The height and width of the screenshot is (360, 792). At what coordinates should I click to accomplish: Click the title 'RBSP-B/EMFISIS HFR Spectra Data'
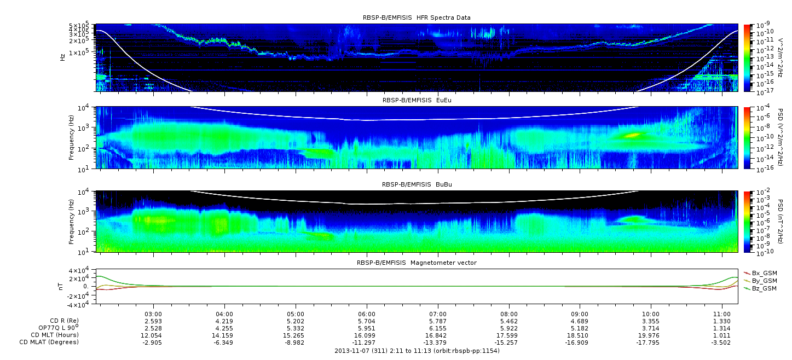pos(417,18)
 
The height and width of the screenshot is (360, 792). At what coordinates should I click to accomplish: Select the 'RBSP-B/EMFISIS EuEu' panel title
pos(417,100)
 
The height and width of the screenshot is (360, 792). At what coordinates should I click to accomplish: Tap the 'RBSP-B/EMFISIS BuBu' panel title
pos(417,184)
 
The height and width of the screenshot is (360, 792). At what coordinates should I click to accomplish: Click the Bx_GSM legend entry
pos(761,273)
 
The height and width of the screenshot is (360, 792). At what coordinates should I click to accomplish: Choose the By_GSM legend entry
pos(761,281)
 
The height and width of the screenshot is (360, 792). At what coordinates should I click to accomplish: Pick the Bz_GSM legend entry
pos(761,289)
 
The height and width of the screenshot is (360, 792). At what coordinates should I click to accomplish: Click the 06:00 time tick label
pos(367,314)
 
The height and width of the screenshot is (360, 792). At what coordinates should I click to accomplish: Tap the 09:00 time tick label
pos(580,314)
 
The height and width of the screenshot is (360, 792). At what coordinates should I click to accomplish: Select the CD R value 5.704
pos(367,321)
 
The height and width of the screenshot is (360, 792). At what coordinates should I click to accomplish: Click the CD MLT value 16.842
pos(438,335)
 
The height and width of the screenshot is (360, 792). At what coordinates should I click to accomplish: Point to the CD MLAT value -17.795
pos(651,342)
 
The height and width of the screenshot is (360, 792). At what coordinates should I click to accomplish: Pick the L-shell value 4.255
pos(224,328)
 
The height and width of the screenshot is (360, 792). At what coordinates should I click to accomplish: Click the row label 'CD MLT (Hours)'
pos(55,335)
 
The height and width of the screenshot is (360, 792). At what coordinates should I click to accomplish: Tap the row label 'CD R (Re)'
pos(65,321)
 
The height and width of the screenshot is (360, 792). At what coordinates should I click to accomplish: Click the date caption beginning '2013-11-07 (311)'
pos(417,351)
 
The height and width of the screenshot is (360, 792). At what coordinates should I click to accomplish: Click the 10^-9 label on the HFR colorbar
pos(763,25)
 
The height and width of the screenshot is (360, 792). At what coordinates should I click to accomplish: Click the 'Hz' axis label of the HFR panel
pos(62,57)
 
